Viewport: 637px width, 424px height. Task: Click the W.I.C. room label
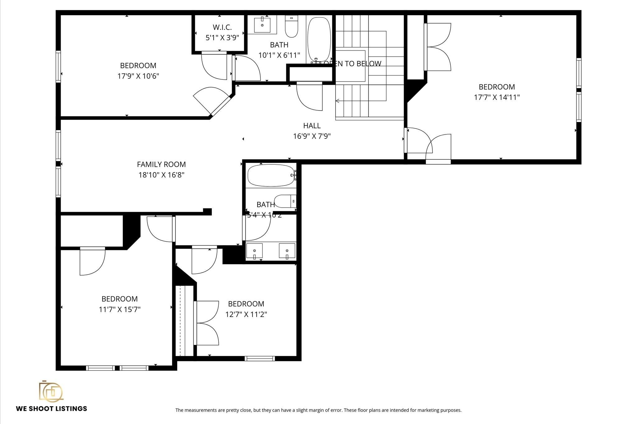coord(222,27)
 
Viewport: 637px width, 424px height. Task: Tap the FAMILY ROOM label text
coord(161,164)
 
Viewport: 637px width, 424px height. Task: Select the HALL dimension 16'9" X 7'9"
coord(312,136)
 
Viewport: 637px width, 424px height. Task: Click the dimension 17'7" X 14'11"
coord(497,97)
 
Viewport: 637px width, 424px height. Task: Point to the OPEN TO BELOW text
coord(352,64)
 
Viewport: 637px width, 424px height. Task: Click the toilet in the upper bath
coord(291,27)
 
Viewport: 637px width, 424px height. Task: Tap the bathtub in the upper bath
coord(319,39)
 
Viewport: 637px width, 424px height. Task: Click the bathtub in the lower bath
coord(271,176)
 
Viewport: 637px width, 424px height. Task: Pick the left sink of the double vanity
coord(254,251)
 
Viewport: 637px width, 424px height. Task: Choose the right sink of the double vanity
coord(287,251)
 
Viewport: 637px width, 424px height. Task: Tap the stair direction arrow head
coord(337,101)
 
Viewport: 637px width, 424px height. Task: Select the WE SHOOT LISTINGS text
coord(52,409)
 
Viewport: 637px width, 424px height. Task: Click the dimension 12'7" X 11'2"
coord(246,314)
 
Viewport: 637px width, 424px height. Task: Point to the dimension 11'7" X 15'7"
coord(119,309)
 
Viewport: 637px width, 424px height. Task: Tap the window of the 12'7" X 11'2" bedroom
coord(260,358)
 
